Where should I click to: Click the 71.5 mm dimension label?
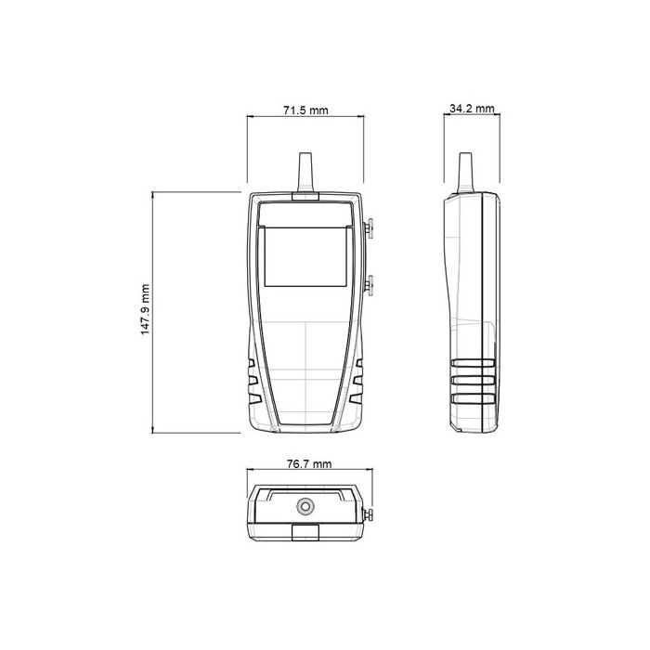click(x=305, y=110)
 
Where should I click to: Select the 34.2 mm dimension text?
click(x=472, y=109)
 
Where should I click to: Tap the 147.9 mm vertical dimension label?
click(x=146, y=310)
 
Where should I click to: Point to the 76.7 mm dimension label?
click(x=305, y=462)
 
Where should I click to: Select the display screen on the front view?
click(x=305, y=257)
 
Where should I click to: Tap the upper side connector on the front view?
click(x=369, y=228)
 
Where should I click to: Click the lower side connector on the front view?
click(x=369, y=283)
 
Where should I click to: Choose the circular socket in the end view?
click(x=305, y=507)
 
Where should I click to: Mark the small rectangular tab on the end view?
click(x=305, y=532)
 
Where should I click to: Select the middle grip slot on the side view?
click(x=474, y=382)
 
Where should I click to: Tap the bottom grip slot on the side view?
click(x=474, y=399)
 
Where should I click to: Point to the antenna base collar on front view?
click(x=305, y=196)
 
